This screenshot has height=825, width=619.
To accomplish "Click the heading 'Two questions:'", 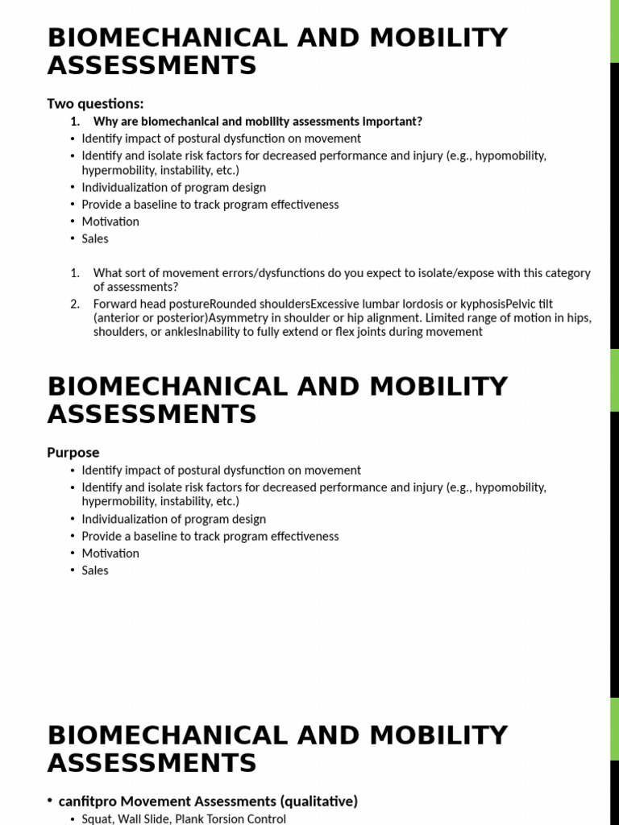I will click(x=95, y=103).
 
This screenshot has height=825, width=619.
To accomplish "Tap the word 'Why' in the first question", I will click(x=106, y=122).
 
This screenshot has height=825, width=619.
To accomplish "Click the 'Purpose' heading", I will click(x=73, y=452).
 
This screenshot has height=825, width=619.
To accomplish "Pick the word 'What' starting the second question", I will click(x=107, y=273).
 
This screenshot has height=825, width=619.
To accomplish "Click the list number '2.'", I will click(x=75, y=304).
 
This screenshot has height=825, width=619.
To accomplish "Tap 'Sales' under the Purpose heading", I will click(x=95, y=570).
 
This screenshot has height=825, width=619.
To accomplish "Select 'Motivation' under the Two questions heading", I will click(x=110, y=221).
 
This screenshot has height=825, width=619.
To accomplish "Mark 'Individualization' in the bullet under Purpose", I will click(x=127, y=519).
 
